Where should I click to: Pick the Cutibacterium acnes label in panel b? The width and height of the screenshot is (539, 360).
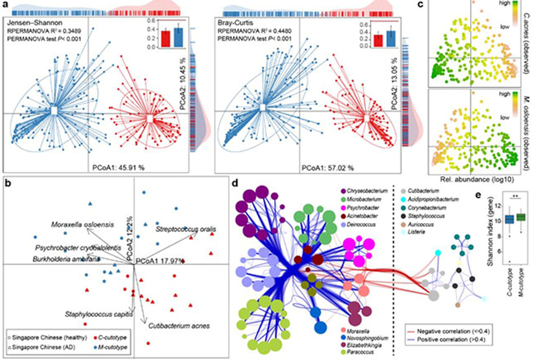(x=179, y=325)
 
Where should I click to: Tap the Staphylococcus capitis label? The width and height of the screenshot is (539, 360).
(x=98, y=314)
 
